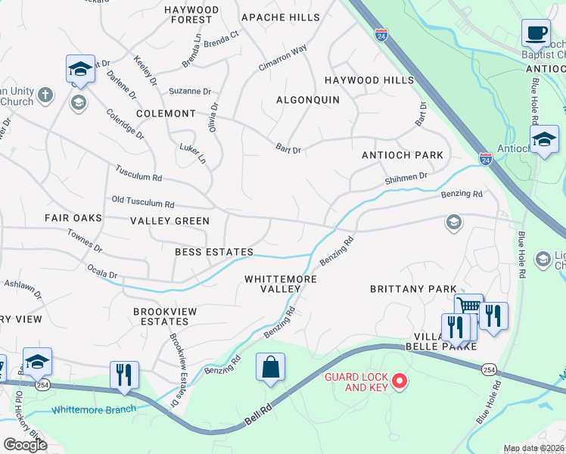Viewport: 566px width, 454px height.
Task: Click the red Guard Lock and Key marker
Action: pos(400,380)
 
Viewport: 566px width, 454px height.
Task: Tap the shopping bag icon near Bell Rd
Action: pos(270,368)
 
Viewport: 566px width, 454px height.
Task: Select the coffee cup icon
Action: pos(536,34)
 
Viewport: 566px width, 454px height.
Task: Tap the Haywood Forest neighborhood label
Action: pos(191,14)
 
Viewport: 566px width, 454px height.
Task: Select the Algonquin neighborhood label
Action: pos(307,100)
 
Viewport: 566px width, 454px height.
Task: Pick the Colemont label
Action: pos(166,113)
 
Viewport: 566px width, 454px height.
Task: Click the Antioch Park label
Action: pos(402,155)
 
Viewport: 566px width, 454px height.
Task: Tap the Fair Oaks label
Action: pos(73,218)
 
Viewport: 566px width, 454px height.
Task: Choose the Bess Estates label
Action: pos(213,251)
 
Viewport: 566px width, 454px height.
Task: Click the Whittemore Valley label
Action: pos(280,284)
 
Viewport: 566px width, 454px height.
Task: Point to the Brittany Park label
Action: pos(413,289)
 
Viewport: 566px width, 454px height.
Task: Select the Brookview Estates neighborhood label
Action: pos(165,316)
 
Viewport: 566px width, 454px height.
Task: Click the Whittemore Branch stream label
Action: pos(94,409)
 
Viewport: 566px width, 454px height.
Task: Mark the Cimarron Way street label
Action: pos(282,58)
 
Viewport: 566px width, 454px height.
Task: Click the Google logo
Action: pos(25,445)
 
